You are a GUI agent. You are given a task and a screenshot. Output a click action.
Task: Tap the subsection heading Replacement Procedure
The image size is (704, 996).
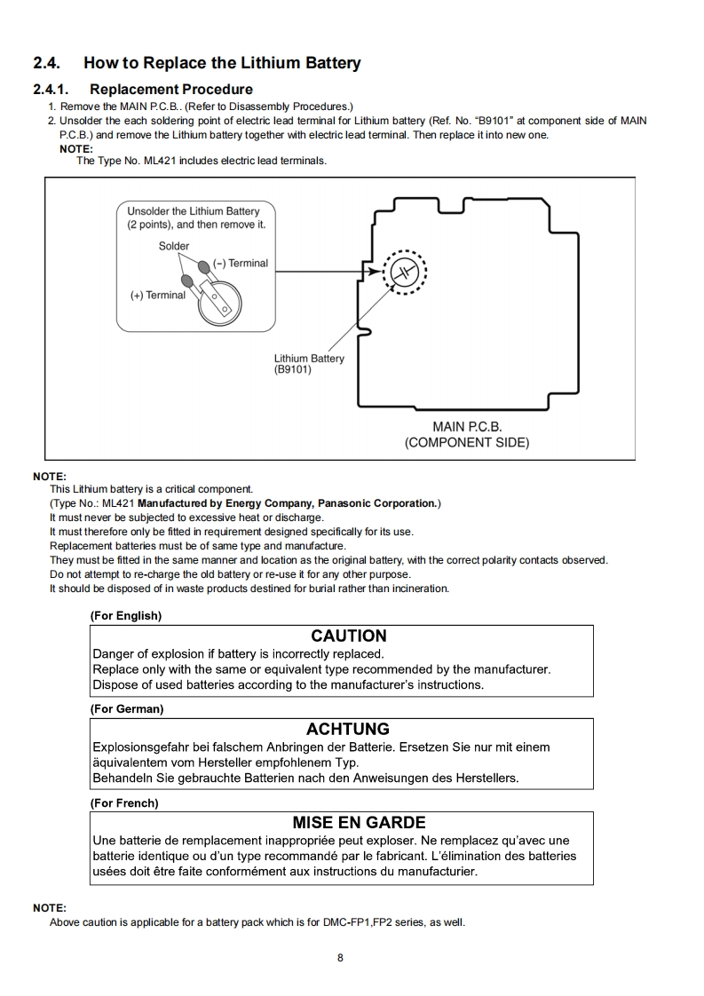pos(171,90)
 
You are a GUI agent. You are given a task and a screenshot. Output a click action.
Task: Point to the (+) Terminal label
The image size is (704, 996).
pos(158,296)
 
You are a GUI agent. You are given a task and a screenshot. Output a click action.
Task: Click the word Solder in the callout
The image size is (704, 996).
pos(174,246)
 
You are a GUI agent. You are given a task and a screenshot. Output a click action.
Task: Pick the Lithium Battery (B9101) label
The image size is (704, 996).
pos(309,364)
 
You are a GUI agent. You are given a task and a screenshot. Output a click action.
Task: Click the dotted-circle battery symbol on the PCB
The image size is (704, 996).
pos(404,270)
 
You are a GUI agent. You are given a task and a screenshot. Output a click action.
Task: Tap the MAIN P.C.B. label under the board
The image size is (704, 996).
pos(467,427)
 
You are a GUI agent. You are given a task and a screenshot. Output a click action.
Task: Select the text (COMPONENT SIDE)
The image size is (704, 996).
pos(467,443)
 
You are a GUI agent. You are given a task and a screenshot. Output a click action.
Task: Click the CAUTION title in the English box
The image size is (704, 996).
pos(349,636)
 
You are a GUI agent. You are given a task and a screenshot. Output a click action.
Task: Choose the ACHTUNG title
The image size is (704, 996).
pos(348,729)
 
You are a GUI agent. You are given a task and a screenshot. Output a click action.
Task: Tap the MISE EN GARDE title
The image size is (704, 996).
pos(359,822)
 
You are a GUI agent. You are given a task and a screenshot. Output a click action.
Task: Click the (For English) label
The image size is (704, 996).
pos(126,615)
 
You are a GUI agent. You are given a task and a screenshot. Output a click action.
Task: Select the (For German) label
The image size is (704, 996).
pos(127,709)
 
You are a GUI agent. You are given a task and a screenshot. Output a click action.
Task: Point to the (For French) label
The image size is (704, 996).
pos(124,802)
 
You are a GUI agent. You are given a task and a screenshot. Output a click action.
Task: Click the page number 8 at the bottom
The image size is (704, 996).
pos(340,957)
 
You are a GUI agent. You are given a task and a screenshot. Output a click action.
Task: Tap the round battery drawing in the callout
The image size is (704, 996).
pos(218,303)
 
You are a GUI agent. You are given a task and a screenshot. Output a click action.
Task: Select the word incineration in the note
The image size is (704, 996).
pos(416,589)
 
